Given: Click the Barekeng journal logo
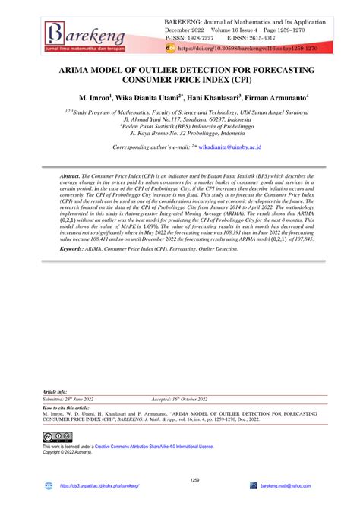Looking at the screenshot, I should pos(84,34).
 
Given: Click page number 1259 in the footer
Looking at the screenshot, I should pos(180,479).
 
